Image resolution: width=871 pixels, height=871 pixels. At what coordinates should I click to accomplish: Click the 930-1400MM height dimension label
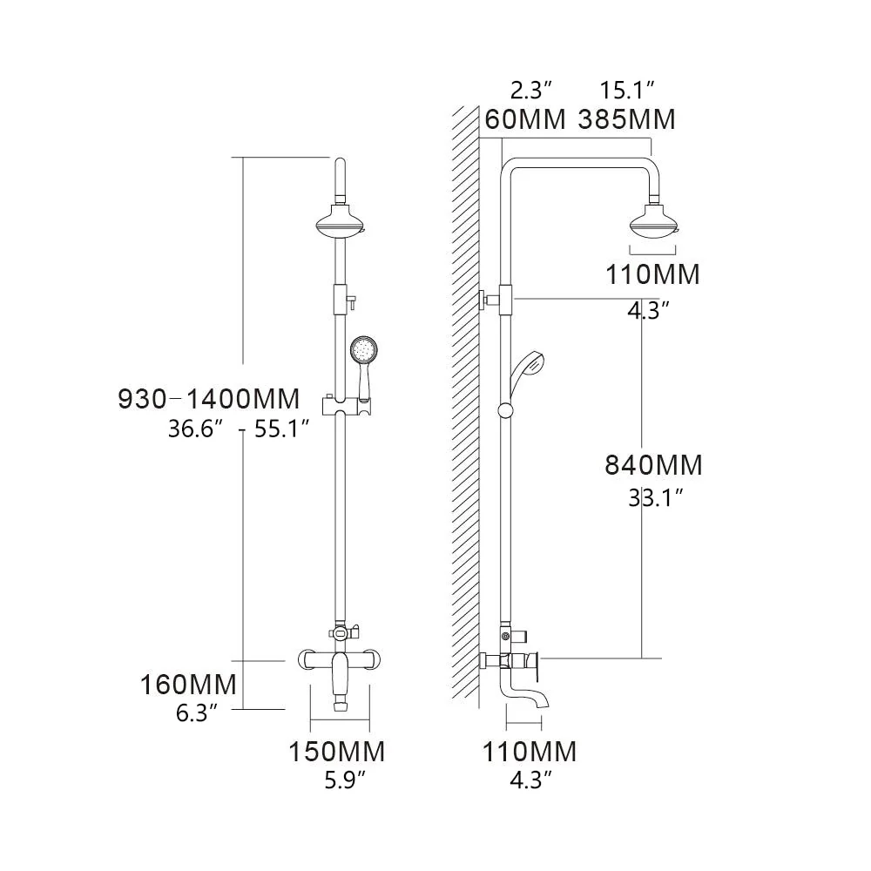coord(209,400)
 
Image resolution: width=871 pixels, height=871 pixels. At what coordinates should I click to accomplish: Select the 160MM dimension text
coord(189,685)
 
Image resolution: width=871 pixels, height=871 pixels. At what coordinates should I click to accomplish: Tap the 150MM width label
coord(339,751)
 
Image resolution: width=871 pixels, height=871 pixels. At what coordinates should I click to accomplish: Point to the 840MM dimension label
coord(653,465)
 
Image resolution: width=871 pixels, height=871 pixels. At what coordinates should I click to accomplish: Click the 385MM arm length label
coord(627,119)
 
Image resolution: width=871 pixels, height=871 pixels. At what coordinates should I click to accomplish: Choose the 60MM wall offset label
coord(525,119)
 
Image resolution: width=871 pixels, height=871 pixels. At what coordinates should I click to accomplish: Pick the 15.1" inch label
coord(627,89)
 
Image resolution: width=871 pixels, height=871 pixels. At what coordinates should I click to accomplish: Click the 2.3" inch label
coord(531,89)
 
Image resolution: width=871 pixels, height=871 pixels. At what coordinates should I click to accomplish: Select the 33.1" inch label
coord(655,498)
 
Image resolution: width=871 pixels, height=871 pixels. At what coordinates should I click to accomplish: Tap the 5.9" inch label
coord(339,781)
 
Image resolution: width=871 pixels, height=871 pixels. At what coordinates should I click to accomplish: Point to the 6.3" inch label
coord(196,714)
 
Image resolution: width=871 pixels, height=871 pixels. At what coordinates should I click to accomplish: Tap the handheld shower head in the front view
coord(362,353)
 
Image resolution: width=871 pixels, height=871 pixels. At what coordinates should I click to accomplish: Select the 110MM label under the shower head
coord(653,275)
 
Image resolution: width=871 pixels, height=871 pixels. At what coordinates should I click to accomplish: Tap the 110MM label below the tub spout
coord(530,751)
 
